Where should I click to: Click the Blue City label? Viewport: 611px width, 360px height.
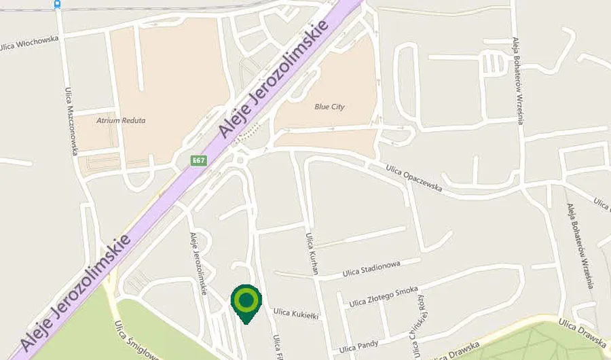(x=330, y=107)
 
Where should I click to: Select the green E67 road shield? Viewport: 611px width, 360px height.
(x=198, y=160)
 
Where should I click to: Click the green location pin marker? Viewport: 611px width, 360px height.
(x=246, y=301)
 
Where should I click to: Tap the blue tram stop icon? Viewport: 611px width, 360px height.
(x=56, y=3)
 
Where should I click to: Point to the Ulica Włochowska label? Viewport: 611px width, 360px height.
(x=29, y=44)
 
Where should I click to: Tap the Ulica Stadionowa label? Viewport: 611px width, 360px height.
(x=371, y=268)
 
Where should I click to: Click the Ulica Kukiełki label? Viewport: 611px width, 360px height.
(x=295, y=313)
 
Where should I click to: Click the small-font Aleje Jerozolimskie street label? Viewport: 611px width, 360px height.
(x=198, y=262)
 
